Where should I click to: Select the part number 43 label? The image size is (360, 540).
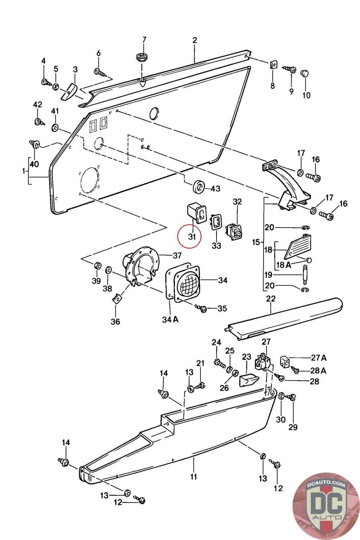[x=215, y=188]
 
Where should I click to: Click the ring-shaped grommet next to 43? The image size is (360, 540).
[x=199, y=186]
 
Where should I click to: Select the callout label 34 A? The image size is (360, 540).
[x=170, y=319]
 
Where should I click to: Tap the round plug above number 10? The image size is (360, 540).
[x=305, y=73]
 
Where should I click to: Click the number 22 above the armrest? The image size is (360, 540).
[x=271, y=299]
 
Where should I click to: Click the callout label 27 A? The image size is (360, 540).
[x=319, y=358]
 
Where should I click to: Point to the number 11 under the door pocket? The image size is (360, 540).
[x=193, y=476]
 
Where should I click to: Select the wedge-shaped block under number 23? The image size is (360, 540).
[x=248, y=380]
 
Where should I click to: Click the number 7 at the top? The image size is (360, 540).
[x=144, y=39]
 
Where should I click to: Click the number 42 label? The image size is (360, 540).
[x=37, y=104]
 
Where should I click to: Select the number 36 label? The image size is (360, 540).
[x=115, y=321]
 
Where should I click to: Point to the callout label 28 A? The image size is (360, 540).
[x=318, y=370]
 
